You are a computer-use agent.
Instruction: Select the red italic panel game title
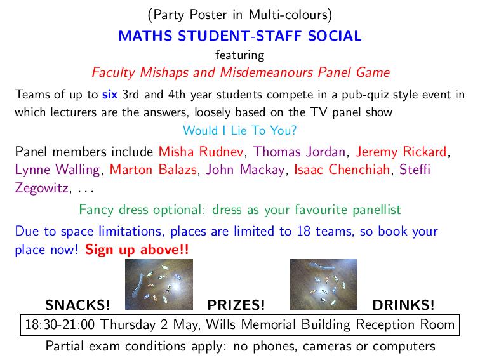click(x=239, y=72)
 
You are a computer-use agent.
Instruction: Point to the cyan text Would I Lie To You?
click(x=239, y=131)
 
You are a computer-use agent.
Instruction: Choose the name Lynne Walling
click(x=57, y=170)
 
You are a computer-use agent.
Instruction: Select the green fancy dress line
click(x=239, y=209)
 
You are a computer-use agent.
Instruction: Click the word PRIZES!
click(x=236, y=304)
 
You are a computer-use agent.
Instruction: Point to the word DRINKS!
click(x=404, y=304)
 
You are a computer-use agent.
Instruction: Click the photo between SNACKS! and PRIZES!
click(x=159, y=284)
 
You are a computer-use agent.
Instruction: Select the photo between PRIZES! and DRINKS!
click(x=323, y=284)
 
